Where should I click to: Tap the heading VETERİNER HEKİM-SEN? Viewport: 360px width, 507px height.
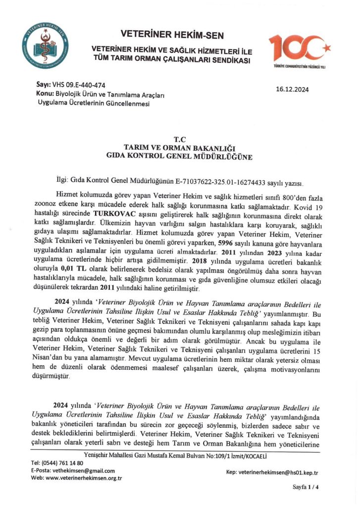[172, 35]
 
